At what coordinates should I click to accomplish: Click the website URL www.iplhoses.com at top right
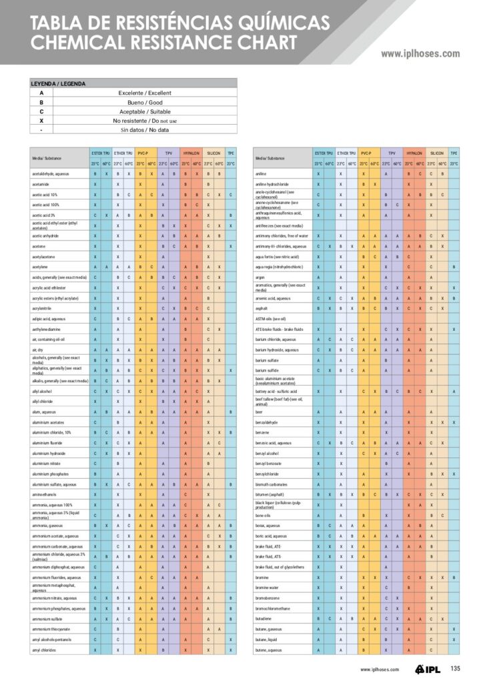coord(420,54)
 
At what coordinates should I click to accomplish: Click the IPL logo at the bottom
coord(426,669)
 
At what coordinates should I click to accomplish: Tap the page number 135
coord(455,669)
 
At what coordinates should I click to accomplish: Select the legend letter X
coord(41,121)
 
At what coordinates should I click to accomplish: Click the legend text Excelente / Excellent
coord(144,93)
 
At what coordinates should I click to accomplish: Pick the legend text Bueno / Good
coord(144,102)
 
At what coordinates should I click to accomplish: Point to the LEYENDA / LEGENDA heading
coord(58,83)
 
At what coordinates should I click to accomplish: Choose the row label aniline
coord(261,173)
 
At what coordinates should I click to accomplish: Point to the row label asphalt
coord(262,308)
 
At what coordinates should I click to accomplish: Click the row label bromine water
coord(267,587)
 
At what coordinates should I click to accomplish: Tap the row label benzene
coord(262,432)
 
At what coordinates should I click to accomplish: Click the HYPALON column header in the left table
coord(191,153)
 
